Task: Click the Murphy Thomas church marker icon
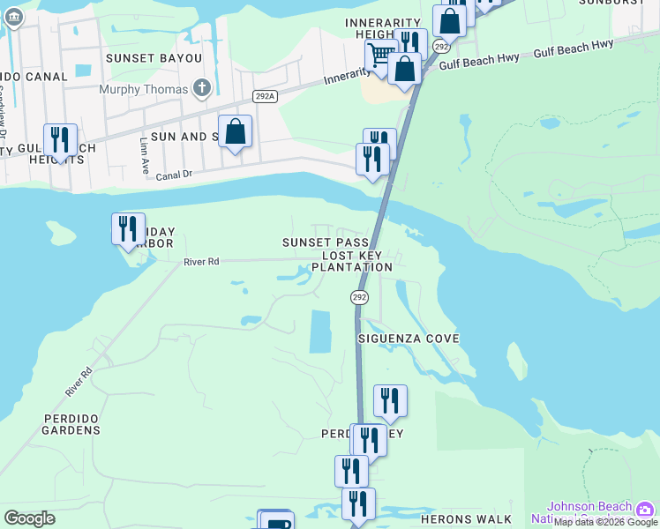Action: click(202, 88)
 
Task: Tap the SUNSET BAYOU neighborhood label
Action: click(154, 58)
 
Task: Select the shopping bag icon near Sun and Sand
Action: click(236, 132)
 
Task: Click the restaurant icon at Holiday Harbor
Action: click(128, 228)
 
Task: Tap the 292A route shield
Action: click(263, 96)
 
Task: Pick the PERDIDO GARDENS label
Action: click(71, 423)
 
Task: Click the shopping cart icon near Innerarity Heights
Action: click(380, 55)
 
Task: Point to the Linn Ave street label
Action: click(145, 153)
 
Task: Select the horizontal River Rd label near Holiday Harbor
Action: click(200, 261)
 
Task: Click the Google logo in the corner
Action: click(29, 518)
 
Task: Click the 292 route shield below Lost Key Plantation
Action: click(359, 298)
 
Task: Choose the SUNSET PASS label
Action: click(325, 242)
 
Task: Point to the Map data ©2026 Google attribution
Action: click(606, 523)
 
